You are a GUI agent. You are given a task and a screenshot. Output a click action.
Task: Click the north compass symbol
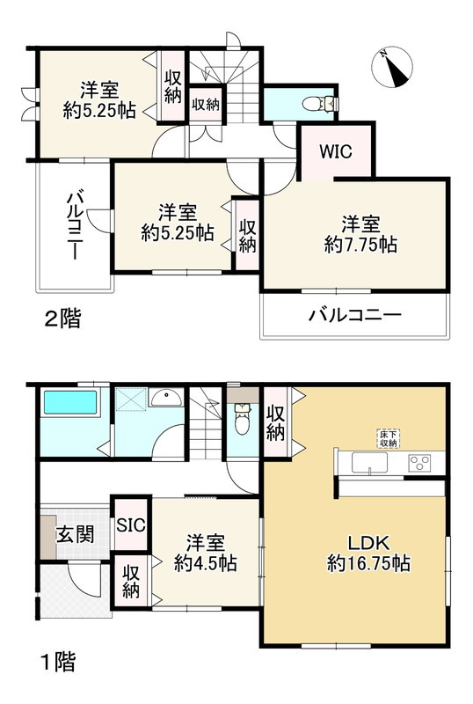click(393, 69)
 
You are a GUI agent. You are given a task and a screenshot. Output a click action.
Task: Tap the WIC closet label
click(335, 150)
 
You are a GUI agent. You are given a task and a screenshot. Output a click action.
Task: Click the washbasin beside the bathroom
click(165, 400)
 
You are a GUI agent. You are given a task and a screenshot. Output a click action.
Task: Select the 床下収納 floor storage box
click(387, 438)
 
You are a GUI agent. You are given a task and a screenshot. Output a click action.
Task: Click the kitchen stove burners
click(418, 462)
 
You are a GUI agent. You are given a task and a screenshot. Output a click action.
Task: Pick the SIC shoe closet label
click(131, 526)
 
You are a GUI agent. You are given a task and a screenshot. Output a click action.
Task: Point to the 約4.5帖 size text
click(204, 563)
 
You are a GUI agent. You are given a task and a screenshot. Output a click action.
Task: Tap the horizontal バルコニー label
click(353, 314)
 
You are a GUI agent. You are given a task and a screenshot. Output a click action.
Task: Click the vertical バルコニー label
click(74, 224)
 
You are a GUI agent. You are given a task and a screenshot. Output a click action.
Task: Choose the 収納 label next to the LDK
click(275, 422)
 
